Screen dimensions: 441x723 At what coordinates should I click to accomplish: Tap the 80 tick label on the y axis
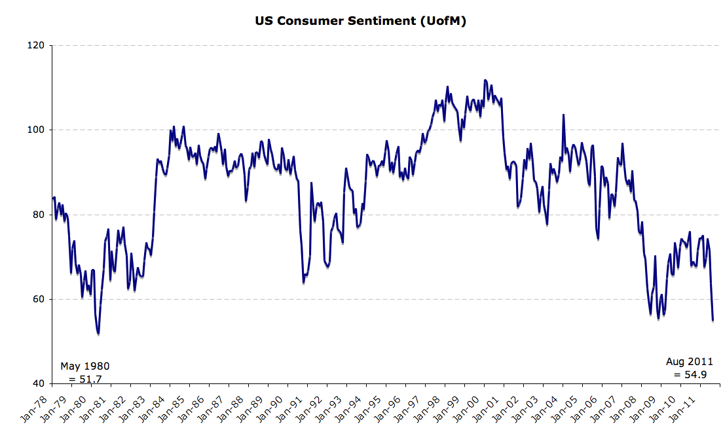pyautogui.click(x=38, y=215)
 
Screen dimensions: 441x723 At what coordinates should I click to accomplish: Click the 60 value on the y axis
pyautogui.click(x=38, y=299)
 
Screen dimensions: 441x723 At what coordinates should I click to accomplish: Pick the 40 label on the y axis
pyautogui.click(x=38, y=383)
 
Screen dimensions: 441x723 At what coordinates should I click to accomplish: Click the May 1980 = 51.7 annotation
pyautogui.click(x=84, y=372)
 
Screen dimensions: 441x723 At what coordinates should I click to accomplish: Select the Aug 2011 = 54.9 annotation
pyautogui.click(x=689, y=368)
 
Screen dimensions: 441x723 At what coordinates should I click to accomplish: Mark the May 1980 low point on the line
pyautogui.click(x=98, y=334)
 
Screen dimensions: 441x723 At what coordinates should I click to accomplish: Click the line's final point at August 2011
pyautogui.click(x=713, y=320)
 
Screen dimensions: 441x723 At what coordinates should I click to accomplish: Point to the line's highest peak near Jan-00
pyautogui.click(x=485, y=80)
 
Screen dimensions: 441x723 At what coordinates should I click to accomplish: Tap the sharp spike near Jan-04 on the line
pyautogui.click(x=563, y=115)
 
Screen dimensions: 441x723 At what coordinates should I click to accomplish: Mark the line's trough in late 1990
pyautogui.click(x=304, y=282)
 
